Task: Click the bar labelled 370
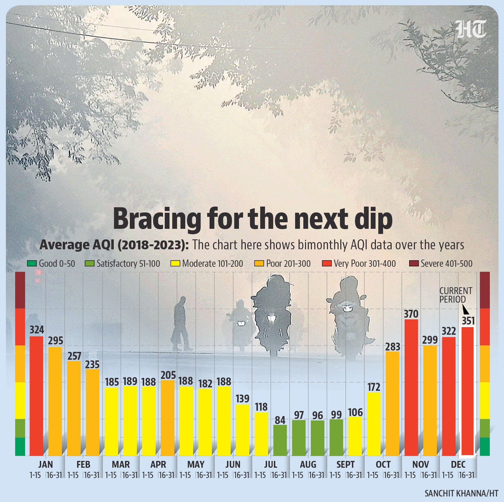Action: click(411, 387)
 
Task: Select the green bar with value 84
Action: click(280, 440)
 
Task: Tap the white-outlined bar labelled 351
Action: click(468, 391)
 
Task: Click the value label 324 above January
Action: click(37, 330)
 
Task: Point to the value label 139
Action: click(243, 399)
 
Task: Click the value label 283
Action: click(393, 347)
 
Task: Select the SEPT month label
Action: click(345, 465)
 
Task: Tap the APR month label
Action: click(158, 465)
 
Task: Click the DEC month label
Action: click(458, 465)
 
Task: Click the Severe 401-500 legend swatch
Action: click(413, 264)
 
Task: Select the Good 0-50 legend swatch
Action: click(32, 264)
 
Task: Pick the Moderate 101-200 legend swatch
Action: click(175, 264)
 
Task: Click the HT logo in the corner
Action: click(471, 29)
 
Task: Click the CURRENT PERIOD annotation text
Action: click(455, 295)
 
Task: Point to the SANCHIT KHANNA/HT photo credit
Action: click(461, 493)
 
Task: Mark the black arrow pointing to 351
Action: click(466, 310)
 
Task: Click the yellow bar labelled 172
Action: click(374, 424)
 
